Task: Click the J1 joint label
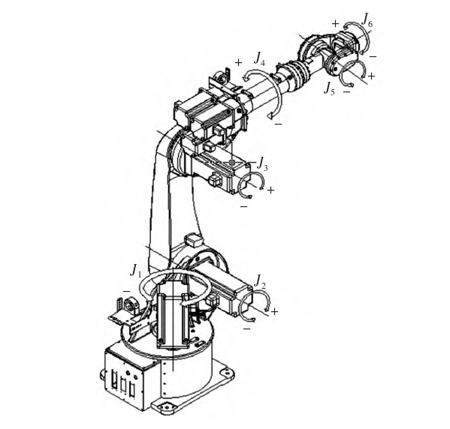(135, 271)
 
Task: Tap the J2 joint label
(260, 282)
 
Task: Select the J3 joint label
(262, 163)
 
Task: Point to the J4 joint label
(259, 58)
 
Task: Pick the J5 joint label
(329, 88)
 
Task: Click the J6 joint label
(367, 20)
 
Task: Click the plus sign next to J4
(238, 63)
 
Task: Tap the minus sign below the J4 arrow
(278, 124)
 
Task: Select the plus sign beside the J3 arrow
(270, 190)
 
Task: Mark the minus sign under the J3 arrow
(243, 206)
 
